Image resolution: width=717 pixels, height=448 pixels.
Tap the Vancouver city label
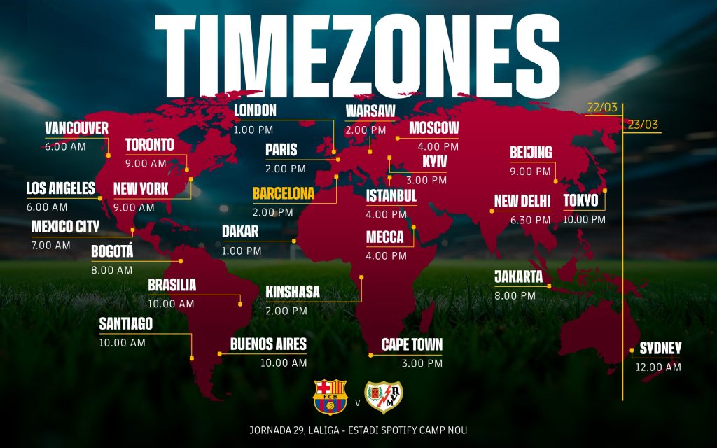tap(77, 128)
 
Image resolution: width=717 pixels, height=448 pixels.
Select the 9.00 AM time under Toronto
tap(146, 163)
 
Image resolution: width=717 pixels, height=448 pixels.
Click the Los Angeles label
tap(60, 188)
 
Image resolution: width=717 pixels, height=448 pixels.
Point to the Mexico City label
tap(65, 227)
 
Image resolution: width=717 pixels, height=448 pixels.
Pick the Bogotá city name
tap(111, 252)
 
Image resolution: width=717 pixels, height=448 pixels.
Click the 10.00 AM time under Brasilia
tap(171, 304)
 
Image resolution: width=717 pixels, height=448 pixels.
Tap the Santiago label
tap(125, 324)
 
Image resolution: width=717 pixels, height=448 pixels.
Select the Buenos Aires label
tap(268, 344)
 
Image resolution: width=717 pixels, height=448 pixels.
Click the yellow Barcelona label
tap(284, 193)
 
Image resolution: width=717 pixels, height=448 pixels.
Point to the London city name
tap(255, 111)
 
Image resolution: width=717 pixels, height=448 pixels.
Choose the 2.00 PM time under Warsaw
tap(365, 130)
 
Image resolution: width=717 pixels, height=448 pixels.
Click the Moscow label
tap(433, 128)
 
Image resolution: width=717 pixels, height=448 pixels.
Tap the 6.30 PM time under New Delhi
tap(522, 220)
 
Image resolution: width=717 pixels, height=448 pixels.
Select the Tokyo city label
tap(580, 201)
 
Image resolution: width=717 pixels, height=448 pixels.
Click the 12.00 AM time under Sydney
tap(658, 367)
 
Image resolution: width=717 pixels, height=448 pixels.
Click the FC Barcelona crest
tap(330, 398)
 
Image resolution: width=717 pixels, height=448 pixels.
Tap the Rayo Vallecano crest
tap(384, 398)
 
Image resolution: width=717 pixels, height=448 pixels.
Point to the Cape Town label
tap(412, 345)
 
